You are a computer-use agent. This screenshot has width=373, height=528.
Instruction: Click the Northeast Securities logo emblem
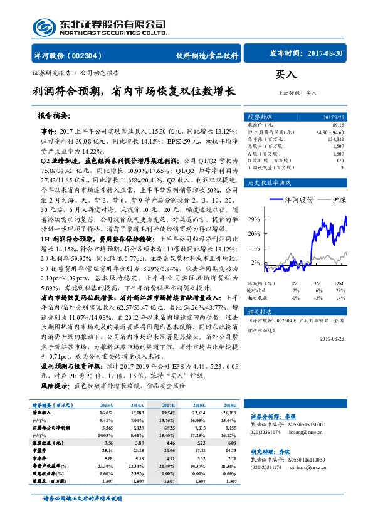coord(43,28)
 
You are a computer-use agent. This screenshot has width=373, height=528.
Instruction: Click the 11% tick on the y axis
coord(253,248)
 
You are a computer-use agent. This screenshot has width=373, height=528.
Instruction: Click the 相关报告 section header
coord(260,312)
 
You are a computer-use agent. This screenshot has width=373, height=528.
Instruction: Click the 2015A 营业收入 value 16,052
coord(105,413)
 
